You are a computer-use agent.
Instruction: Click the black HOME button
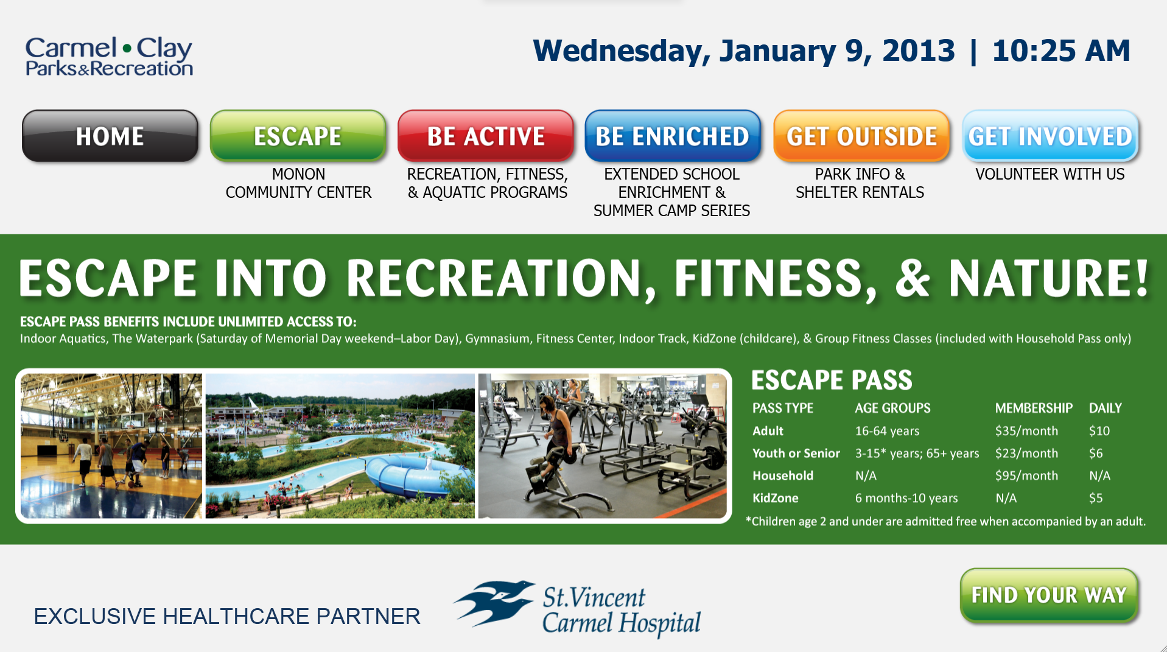(x=110, y=136)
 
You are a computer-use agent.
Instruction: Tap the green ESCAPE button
(x=298, y=136)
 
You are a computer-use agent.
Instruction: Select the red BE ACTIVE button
(x=486, y=136)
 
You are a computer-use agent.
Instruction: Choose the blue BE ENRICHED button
(x=673, y=136)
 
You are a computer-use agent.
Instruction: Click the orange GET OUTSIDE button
(x=861, y=136)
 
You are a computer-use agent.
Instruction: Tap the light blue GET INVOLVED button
(x=1050, y=136)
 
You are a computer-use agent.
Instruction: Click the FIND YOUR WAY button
(x=1049, y=595)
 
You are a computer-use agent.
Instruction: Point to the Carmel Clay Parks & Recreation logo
(x=109, y=56)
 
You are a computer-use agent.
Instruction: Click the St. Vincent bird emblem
(x=494, y=602)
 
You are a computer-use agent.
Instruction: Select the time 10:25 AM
(x=1061, y=51)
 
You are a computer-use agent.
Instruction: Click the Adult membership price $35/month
(x=1026, y=431)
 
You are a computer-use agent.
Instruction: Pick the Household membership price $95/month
(x=1026, y=475)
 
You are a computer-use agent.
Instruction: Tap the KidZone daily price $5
(x=1096, y=498)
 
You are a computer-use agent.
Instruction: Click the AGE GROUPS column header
(x=892, y=408)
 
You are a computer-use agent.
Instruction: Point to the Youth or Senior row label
(x=796, y=453)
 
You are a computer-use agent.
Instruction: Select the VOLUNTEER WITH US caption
(x=1050, y=174)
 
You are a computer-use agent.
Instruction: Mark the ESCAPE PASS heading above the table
(x=832, y=380)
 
